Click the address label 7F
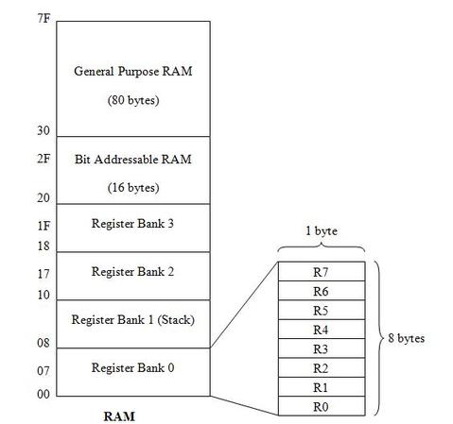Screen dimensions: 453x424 tap(44, 19)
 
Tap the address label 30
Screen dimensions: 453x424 tap(44, 130)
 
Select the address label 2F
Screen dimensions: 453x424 tap(44, 159)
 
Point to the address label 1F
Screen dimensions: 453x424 tap(44, 226)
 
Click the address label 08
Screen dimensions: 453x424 tap(44, 343)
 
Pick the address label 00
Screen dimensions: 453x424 tap(44, 394)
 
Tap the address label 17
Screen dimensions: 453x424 tap(44, 274)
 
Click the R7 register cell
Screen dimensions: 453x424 tap(322, 271)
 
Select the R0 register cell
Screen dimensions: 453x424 tap(322, 406)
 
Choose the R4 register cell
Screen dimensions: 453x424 tap(322, 330)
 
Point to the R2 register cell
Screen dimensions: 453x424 tap(322, 367)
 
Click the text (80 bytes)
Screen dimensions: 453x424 tap(133, 100)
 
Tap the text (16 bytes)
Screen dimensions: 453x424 tap(133, 188)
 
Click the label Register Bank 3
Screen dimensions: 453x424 tap(132, 224)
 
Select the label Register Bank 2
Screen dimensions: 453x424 tap(132, 272)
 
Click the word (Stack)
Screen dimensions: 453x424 tap(176, 320)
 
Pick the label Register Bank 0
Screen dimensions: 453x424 tap(132, 367)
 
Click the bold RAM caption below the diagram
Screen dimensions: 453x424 tap(119, 416)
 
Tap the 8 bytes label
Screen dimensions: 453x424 tap(407, 338)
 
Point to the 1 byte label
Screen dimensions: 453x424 tap(322, 231)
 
